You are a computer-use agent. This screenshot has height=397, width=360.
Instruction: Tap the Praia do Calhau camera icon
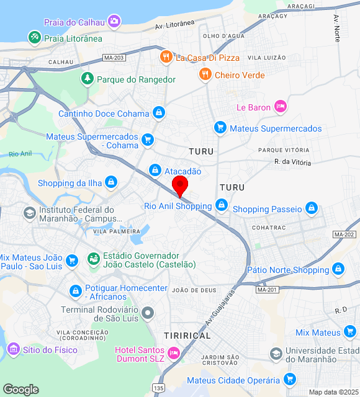click(x=114, y=22)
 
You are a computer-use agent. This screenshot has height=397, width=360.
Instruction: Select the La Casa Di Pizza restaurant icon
click(x=166, y=58)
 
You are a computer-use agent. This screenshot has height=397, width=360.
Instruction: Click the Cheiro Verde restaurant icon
click(x=205, y=75)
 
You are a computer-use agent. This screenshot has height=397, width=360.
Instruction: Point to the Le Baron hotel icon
click(x=281, y=107)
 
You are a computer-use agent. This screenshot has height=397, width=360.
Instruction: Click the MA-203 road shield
click(x=114, y=58)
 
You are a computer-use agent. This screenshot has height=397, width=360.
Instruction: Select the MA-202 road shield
click(x=344, y=234)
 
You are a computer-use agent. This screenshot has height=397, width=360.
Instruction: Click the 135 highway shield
click(x=159, y=388)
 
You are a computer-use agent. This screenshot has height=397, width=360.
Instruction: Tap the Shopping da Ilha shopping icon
click(x=110, y=182)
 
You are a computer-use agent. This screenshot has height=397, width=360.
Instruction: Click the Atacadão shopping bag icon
click(x=155, y=171)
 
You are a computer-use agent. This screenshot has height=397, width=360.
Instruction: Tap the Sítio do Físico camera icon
click(x=13, y=350)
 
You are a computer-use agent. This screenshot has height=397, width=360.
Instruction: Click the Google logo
click(x=20, y=390)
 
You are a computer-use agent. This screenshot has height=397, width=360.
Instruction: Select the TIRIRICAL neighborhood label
click(x=187, y=335)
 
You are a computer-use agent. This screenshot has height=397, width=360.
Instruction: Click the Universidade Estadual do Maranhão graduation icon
click(x=276, y=354)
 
